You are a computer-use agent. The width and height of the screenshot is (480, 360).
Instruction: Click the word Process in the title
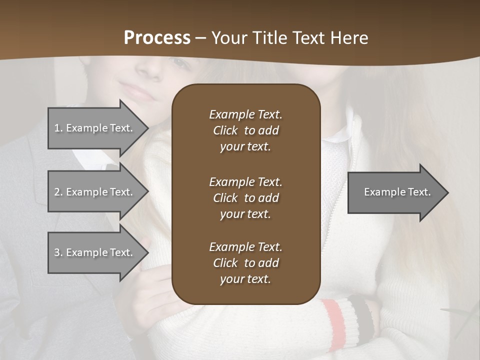(x=157, y=38)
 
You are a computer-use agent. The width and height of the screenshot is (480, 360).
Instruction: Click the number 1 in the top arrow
(x=57, y=128)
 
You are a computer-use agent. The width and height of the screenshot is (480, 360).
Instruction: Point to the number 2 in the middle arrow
(x=57, y=192)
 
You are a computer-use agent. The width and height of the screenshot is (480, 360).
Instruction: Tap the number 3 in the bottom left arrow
(x=57, y=252)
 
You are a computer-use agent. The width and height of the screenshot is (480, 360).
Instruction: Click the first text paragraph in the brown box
(x=245, y=130)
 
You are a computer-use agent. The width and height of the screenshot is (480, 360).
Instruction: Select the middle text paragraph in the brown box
(x=245, y=198)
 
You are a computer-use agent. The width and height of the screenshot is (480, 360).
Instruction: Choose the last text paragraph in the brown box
(x=245, y=263)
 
